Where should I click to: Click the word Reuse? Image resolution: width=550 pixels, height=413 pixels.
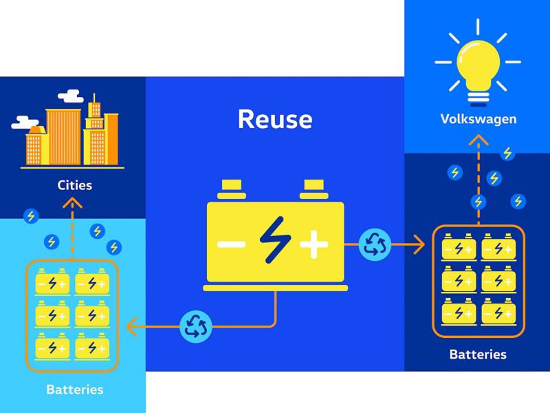tap(276, 119)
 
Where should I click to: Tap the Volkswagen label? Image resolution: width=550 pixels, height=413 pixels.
tap(478, 119)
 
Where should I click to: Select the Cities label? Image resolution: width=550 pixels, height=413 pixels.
tap(75, 185)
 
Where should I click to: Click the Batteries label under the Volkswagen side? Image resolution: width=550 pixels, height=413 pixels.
tap(478, 354)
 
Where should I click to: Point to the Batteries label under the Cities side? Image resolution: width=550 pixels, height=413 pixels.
tap(75, 390)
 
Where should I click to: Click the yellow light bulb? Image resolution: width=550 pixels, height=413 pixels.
tap(478, 72)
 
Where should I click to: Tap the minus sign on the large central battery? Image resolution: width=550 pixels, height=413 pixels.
tap(231, 244)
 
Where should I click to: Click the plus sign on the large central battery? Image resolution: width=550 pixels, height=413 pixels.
tap(314, 244)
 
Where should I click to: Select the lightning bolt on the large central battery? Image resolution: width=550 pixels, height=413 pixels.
tap(276, 240)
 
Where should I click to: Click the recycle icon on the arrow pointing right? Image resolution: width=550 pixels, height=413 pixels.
tap(375, 244)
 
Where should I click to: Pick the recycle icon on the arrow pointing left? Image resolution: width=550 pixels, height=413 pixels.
tap(196, 326)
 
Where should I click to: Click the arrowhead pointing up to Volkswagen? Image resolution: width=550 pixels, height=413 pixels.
tap(478, 140)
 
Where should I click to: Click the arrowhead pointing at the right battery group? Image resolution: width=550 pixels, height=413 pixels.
tap(419, 244)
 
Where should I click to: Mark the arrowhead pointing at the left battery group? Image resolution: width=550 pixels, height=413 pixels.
tap(131, 326)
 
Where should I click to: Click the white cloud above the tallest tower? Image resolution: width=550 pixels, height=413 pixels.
tap(71, 96)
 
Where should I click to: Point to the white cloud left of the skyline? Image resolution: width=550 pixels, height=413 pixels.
tap(25, 123)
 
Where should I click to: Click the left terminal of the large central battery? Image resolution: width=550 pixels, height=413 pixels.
tap(232, 190)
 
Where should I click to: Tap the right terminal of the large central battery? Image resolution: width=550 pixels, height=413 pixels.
tap(314, 190)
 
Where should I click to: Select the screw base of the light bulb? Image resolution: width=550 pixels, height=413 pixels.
tap(478, 98)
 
